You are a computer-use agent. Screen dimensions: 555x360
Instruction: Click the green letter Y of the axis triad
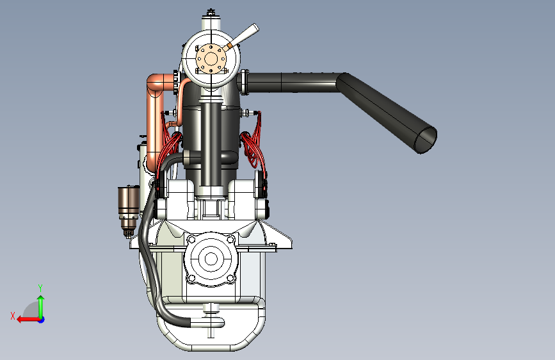point(40,288)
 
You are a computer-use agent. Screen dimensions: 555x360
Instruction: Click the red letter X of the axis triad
point(13,316)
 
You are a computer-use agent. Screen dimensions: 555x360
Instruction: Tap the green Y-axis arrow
point(41,306)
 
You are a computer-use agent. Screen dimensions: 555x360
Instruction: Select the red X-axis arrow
point(29,320)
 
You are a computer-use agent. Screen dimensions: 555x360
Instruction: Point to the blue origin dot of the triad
point(42,320)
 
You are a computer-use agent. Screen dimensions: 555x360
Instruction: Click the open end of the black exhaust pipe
point(426,140)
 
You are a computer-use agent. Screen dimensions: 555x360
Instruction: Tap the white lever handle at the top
point(245,35)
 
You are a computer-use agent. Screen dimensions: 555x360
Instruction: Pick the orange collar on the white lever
point(230,45)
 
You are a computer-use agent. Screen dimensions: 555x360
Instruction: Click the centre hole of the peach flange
point(211,59)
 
